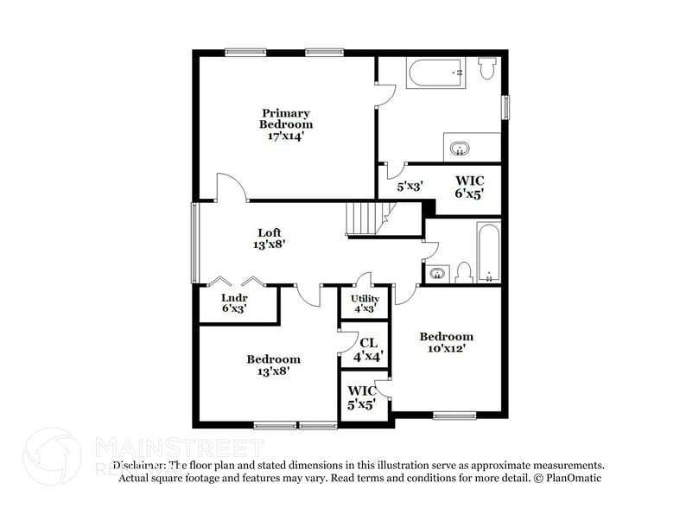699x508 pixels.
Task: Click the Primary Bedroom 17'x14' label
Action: pos(286,124)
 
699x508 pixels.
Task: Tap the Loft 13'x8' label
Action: pos(270,238)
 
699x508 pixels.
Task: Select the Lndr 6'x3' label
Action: pos(234,302)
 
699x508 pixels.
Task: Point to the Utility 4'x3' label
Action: pos(364,304)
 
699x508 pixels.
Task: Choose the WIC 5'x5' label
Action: pos(362,397)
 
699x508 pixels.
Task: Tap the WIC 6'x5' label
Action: pos(468,187)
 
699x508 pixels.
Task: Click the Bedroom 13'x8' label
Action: pos(273,365)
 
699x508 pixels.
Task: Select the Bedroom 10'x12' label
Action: pos(446,342)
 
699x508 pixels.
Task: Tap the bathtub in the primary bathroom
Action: pos(436,72)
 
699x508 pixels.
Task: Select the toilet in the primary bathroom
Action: pos(486,67)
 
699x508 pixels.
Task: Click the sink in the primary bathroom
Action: pos(459,147)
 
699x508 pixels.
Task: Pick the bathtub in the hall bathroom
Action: pos(488,252)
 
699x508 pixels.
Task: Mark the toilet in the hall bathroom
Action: pos(463,272)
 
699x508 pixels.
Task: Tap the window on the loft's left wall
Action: pos(194,242)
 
